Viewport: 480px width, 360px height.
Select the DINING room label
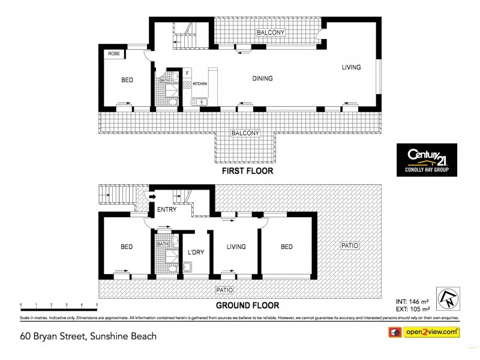click(262, 79)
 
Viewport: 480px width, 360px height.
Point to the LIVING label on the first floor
click(351, 67)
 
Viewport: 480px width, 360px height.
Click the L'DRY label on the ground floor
click(196, 252)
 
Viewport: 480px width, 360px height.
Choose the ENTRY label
click(166, 210)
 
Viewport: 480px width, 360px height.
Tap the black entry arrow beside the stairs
click(152, 196)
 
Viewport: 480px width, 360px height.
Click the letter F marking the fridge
click(188, 73)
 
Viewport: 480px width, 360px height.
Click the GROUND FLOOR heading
click(248, 305)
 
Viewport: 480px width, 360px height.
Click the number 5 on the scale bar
click(97, 306)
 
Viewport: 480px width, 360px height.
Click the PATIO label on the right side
click(350, 246)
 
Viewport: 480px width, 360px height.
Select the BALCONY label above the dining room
click(271, 32)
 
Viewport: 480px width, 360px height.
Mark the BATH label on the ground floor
click(163, 244)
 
